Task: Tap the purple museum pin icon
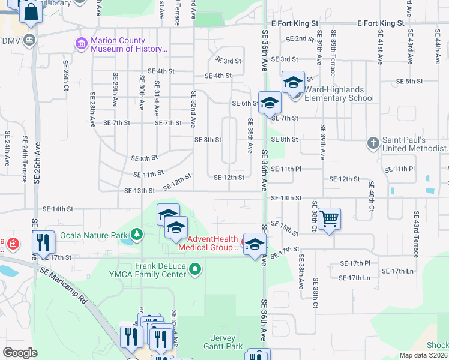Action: click(x=80, y=44)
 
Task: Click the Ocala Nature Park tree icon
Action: click(x=137, y=233)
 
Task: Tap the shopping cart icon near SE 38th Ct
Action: click(x=329, y=220)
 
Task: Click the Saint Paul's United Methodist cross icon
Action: click(x=373, y=143)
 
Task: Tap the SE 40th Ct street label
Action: click(x=371, y=196)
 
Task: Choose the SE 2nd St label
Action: click(x=300, y=38)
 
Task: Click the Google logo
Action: click(x=20, y=353)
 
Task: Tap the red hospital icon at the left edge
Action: click(x=13, y=244)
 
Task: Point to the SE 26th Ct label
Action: click(x=65, y=75)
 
